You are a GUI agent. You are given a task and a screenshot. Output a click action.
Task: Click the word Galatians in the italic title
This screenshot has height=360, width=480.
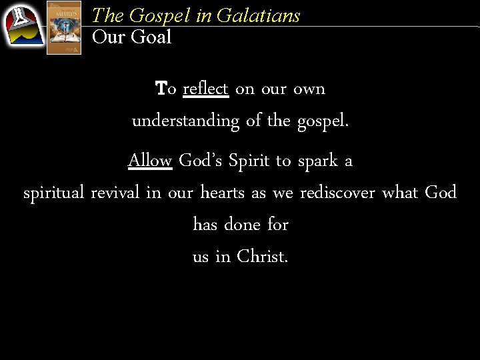coord(265,15)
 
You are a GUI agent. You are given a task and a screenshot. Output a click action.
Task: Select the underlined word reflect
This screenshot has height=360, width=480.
coord(205,89)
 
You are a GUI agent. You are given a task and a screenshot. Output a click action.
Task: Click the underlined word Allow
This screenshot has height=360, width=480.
coord(150,161)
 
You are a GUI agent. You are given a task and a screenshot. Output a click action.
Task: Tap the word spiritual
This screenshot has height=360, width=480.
coord(53,193)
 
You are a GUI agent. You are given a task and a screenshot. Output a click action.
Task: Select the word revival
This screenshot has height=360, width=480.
coord(115,193)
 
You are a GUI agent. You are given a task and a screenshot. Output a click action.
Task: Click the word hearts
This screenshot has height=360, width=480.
coord(223,193)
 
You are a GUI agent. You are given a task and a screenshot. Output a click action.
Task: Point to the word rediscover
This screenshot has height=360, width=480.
coord(338,193)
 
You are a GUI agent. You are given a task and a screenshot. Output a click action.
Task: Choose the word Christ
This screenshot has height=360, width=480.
coord(262,257)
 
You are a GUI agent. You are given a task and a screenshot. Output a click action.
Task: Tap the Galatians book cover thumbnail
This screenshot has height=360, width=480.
coord(64,27)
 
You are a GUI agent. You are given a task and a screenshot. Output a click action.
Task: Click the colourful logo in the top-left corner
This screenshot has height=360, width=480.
coord(23,26)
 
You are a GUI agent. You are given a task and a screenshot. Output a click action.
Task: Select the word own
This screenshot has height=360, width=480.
coord(309,89)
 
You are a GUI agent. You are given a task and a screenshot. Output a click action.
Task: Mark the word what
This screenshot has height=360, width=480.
coord(399,193)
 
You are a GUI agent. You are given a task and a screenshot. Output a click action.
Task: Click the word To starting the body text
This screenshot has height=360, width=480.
coord(165,89)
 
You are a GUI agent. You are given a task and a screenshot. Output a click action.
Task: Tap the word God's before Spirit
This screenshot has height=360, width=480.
coord(201,161)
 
